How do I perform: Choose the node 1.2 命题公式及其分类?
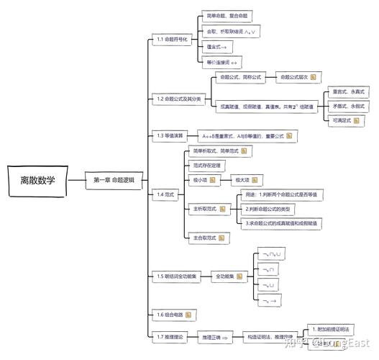[x=178, y=98]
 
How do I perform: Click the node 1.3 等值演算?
[x=170, y=135]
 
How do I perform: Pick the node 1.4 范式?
[x=165, y=194]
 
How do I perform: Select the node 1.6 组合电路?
[x=170, y=315]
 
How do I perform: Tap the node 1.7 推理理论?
[x=170, y=336]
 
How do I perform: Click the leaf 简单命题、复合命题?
[x=227, y=16]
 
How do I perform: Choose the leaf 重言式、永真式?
[x=349, y=92]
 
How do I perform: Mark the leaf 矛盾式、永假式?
[x=349, y=106]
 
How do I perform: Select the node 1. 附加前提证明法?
[x=335, y=329]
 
